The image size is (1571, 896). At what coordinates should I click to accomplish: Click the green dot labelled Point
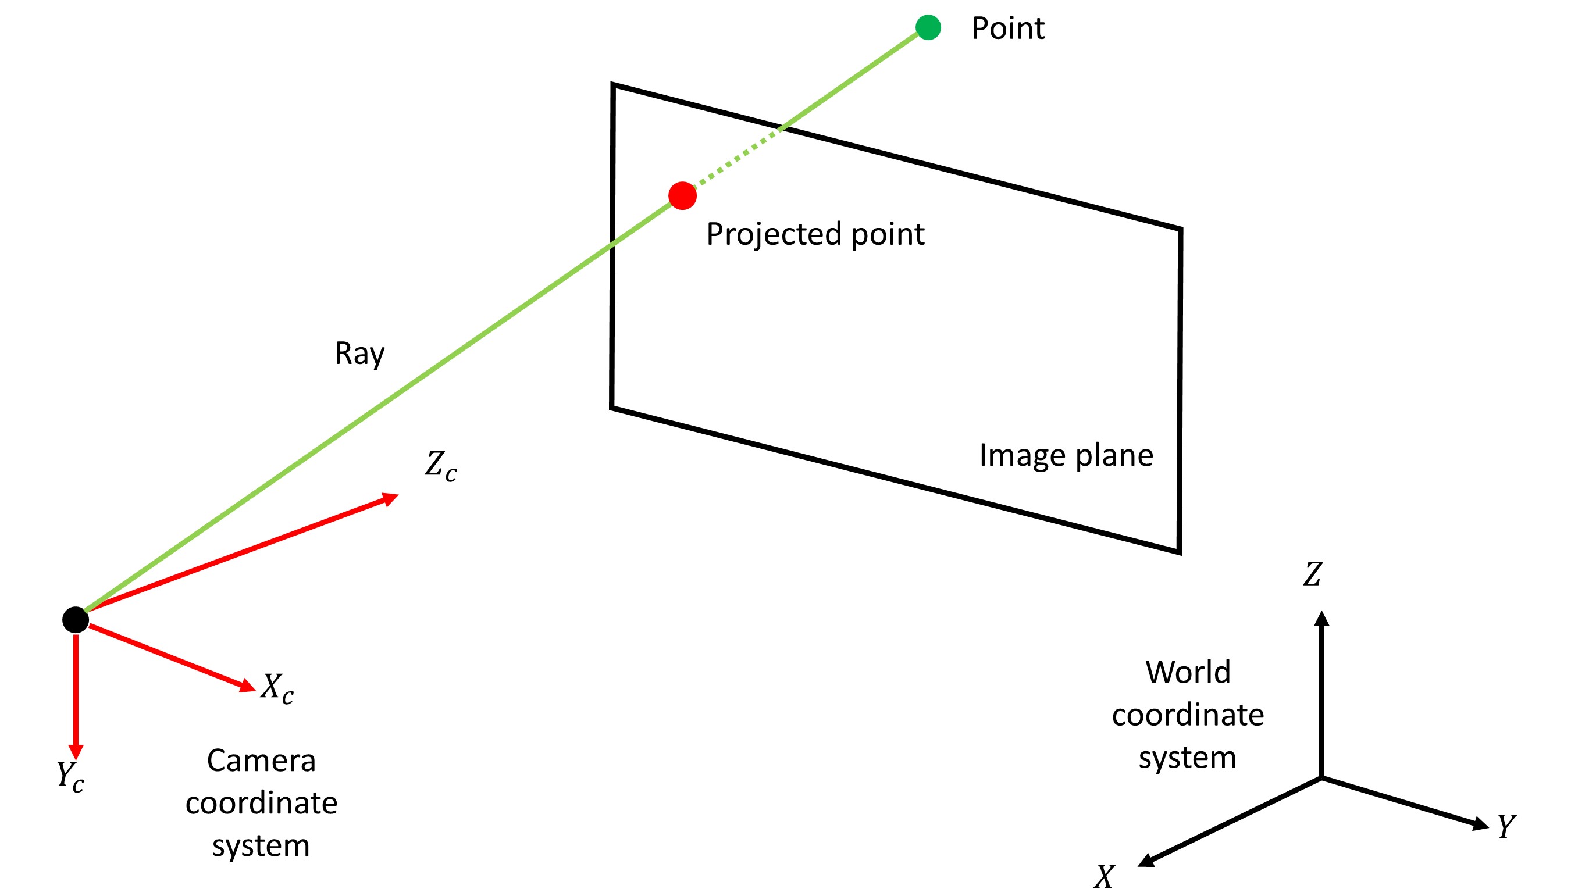(x=928, y=27)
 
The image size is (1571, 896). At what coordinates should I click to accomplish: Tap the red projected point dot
(x=682, y=196)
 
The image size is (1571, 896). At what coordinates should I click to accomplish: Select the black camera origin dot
(x=75, y=620)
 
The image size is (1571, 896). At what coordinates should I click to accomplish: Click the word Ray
(x=359, y=354)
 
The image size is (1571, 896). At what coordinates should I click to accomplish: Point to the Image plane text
(x=1066, y=456)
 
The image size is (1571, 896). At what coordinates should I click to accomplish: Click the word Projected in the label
(x=773, y=234)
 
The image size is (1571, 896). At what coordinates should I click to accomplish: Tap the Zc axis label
(x=441, y=466)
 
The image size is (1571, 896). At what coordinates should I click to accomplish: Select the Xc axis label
(x=277, y=687)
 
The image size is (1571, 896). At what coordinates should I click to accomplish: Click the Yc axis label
(x=70, y=776)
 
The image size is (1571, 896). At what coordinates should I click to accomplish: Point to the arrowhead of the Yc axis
(x=76, y=751)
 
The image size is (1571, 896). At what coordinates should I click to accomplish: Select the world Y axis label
(x=1506, y=826)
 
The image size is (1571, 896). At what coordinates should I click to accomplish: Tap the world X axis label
(x=1105, y=877)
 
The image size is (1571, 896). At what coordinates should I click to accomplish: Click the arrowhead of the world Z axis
(x=1321, y=619)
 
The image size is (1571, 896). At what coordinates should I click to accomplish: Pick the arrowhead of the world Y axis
(x=1480, y=823)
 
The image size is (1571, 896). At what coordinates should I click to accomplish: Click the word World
(x=1188, y=672)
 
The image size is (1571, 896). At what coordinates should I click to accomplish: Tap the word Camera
(x=261, y=761)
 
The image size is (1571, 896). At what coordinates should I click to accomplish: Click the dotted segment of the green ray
(x=737, y=158)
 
